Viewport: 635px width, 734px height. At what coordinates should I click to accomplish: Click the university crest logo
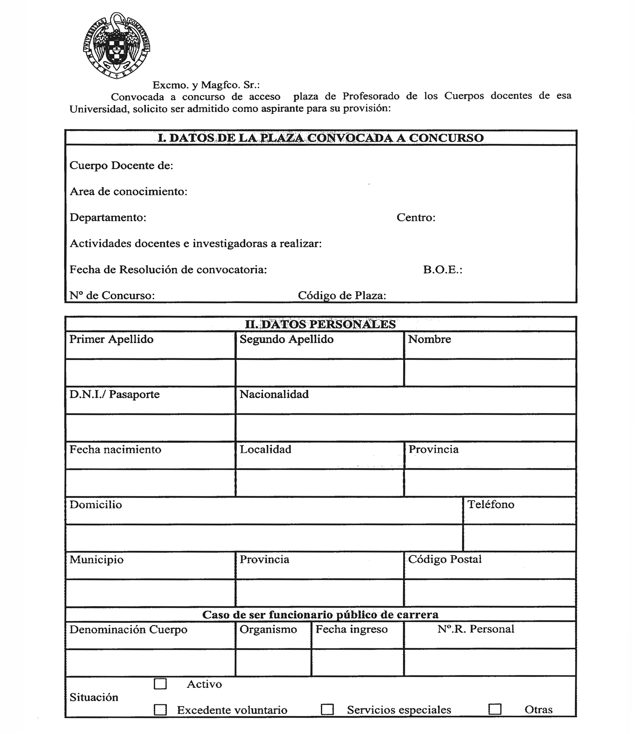[117, 45]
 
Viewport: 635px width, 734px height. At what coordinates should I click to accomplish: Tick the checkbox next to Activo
[160, 684]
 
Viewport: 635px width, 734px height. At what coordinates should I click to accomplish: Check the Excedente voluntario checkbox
[160, 710]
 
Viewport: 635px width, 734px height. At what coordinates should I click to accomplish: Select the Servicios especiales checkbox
[327, 710]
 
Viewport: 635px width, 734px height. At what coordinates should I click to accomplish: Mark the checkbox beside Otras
[495, 709]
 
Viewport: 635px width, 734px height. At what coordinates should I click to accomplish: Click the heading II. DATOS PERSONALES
[320, 324]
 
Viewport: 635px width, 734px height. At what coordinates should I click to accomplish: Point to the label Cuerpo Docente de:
[121, 165]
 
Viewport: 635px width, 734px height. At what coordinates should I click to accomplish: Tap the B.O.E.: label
[443, 270]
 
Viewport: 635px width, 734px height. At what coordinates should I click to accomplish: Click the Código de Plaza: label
[342, 296]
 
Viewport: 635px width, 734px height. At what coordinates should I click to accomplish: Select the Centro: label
[416, 217]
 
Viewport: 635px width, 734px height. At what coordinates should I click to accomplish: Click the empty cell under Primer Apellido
[150, 373]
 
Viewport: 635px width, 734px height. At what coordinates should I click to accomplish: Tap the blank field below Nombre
[490, 373]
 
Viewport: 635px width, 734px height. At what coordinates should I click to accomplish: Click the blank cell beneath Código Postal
[490, 593]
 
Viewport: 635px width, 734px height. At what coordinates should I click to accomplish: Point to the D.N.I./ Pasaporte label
[114, 394]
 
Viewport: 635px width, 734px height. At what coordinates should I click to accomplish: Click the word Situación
[94, 697]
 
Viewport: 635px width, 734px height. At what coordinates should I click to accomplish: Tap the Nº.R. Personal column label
[476, 629]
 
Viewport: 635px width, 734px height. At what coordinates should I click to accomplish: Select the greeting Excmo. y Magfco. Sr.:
[206, 85]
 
